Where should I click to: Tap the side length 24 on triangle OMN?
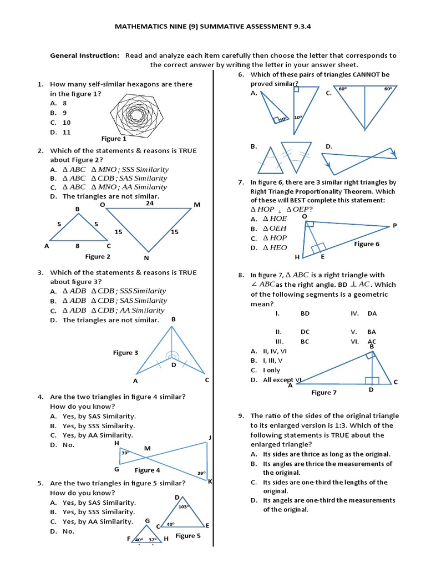coord(150,203)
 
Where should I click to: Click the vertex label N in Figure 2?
coord(146,258)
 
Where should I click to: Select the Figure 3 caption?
coord(125,353)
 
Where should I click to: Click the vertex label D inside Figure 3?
coord(174,365)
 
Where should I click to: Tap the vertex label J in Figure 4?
coord(210,438)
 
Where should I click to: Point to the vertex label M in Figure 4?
coord(148,448)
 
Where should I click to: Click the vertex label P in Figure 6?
coord(395,225)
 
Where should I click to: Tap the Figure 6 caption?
coord(367,244)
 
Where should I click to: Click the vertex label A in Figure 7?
coord(290,386)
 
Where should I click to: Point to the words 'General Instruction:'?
coord(85,55)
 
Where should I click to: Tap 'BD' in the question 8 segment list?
coord(305,313)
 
